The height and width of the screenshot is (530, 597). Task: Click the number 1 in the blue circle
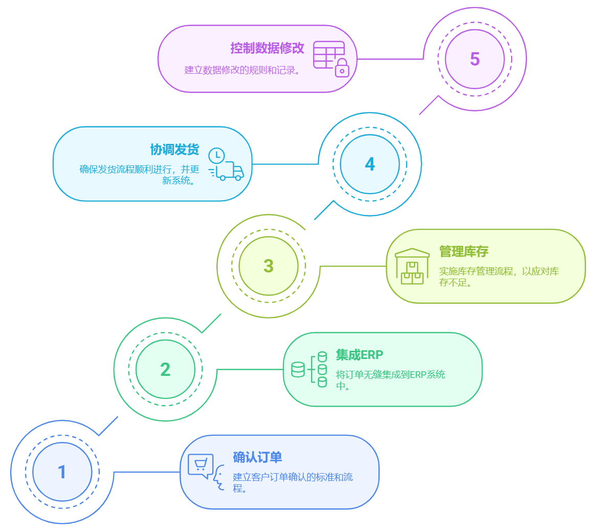click(x=62, y=472)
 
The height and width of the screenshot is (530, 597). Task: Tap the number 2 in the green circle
click(x=165, y=369)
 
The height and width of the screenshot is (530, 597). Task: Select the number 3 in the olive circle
click(x=269, y=266)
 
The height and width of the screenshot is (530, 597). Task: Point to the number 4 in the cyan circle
click(x=370, y=164)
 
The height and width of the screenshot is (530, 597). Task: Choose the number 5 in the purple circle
click(x=475, y=59)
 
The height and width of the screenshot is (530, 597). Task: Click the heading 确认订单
click(x=257, y=457)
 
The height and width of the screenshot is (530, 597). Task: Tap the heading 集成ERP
click(x=359, y=354)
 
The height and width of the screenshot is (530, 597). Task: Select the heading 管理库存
click(x=463, y=251)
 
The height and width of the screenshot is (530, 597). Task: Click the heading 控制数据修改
click(x=267, y=48)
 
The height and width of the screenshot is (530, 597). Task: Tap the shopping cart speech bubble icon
click(x=201, y=465)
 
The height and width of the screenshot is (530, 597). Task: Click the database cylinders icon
click(x=309, y=369)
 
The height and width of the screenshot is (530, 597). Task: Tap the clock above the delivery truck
click(x=216, y=155)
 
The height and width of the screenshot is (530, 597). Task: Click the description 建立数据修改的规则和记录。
click(x=241, y=70)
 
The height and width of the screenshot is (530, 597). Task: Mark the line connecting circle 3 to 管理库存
click(x=353, y=266)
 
